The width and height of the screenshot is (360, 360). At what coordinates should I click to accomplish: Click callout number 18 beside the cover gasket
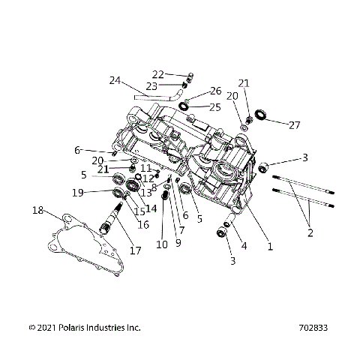(x=37, y=211)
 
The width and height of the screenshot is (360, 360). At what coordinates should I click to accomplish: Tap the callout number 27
(x=294, y=124)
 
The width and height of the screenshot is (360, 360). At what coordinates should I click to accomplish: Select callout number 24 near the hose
(x=115, y=80)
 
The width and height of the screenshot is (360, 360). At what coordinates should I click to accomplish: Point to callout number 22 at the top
(x=157, y=74)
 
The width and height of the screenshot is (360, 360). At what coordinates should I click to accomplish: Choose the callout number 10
(x=162, y=244)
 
